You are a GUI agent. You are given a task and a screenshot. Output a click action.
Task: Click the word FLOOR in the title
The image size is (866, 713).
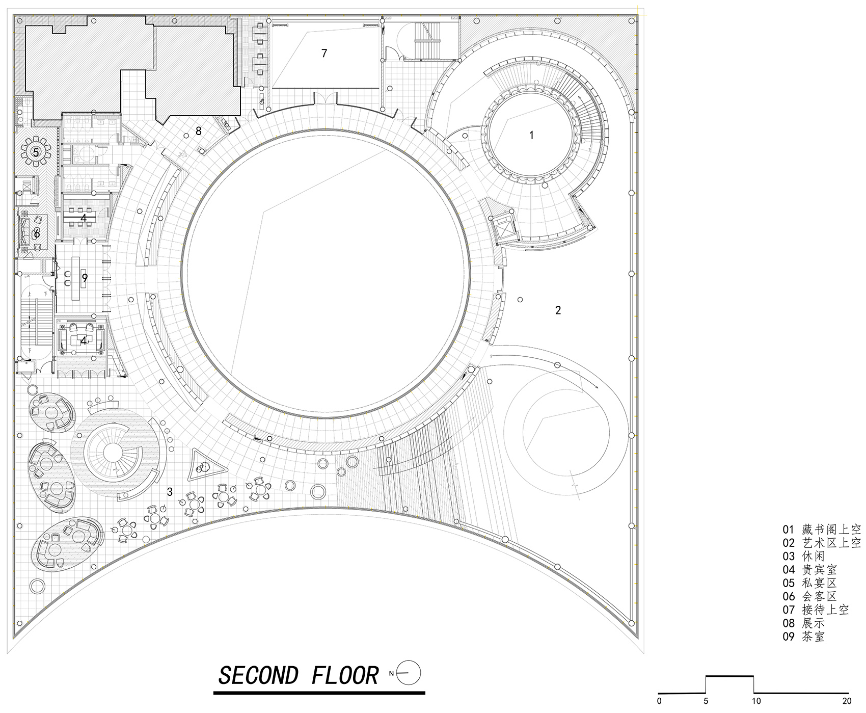(x=345, y=676)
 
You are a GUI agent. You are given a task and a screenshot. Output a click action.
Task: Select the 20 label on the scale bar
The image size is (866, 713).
(x=847, y=701)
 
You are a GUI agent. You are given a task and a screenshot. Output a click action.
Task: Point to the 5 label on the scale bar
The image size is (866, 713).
(x=706, y=701)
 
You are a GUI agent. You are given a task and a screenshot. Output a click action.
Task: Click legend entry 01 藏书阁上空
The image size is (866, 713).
(x=822, y=530)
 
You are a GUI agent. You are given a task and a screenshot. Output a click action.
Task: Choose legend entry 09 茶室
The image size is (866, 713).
(x=803, y=637)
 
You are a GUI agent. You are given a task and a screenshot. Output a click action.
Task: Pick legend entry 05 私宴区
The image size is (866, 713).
(x=810, y=583)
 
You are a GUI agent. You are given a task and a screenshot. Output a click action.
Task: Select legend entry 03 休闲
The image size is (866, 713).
(x=803, y=557)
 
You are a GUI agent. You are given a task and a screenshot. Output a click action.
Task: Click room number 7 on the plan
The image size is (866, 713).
(x=324, y=53)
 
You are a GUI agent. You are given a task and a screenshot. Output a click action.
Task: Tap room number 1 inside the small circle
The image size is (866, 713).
(x=532, y=135)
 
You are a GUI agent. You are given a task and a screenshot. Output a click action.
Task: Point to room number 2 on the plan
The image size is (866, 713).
(x=558, y=310)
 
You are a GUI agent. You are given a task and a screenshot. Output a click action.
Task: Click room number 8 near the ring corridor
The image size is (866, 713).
(x=199, y=131)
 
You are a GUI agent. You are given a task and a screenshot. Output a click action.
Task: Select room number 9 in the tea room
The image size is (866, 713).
(x=85, y=278)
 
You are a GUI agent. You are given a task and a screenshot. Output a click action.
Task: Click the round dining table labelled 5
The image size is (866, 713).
(x=36, y=152)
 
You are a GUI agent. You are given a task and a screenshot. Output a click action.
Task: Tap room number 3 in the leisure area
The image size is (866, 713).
(x=170, y=492)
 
